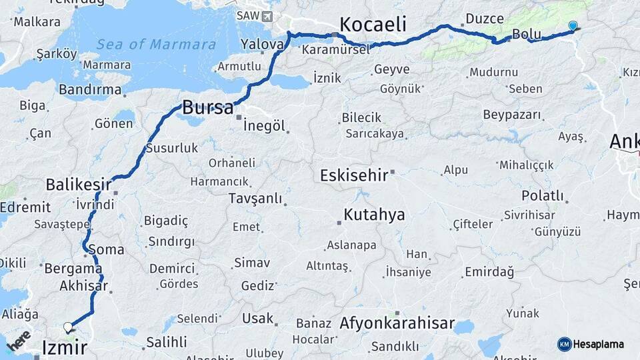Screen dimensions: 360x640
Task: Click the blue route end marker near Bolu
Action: pos(573,26)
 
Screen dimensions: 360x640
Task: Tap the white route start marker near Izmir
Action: pos(67,327)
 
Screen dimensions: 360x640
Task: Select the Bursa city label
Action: pos(207,107)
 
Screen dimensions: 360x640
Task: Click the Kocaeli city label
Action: pos(373,25)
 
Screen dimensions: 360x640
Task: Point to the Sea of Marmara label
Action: pos(156,45)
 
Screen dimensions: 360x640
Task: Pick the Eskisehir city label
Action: pos(353,175)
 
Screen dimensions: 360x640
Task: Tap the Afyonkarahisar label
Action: pos(397,325)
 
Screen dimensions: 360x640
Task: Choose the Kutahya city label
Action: pos(374,215)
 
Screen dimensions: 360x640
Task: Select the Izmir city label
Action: pos(64,347)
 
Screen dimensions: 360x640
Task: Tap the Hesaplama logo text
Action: pos(598,344)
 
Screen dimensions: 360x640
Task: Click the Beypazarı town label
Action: pos(512,115)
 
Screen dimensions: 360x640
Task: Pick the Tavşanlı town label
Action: pos(255,198)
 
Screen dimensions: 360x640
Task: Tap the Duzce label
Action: pos(485,18)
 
